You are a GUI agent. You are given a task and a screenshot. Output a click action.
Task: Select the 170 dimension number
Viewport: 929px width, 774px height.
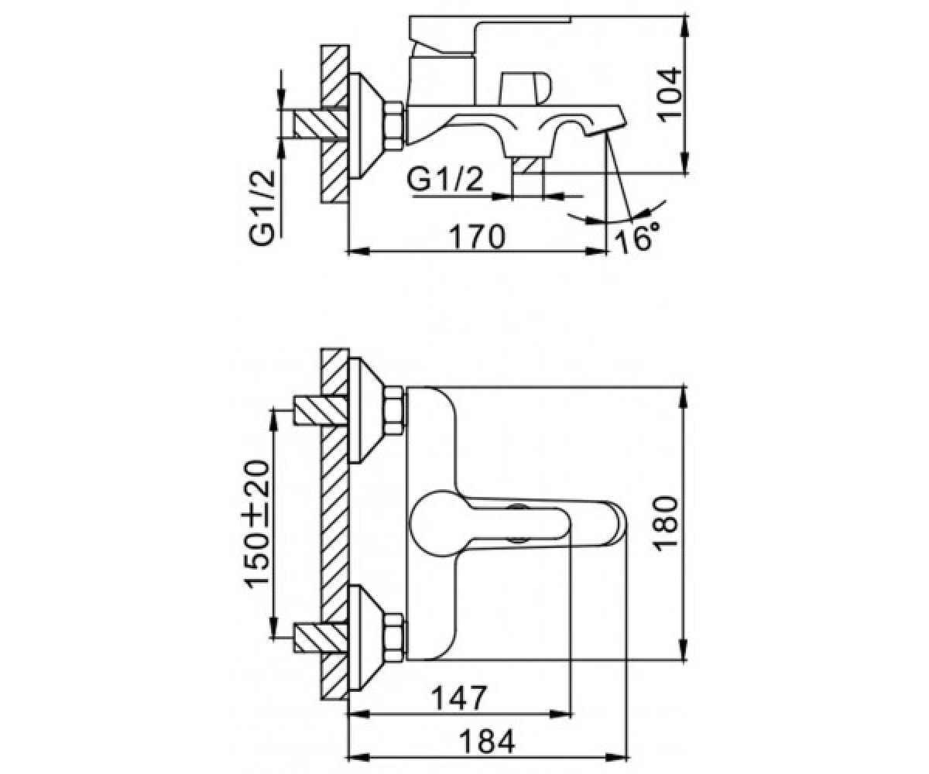click(478, 237)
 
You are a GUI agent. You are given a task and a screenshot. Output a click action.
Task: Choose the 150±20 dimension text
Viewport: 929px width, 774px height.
click(256, 525)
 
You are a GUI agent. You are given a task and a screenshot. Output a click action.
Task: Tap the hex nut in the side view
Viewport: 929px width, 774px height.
click(394, 126)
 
